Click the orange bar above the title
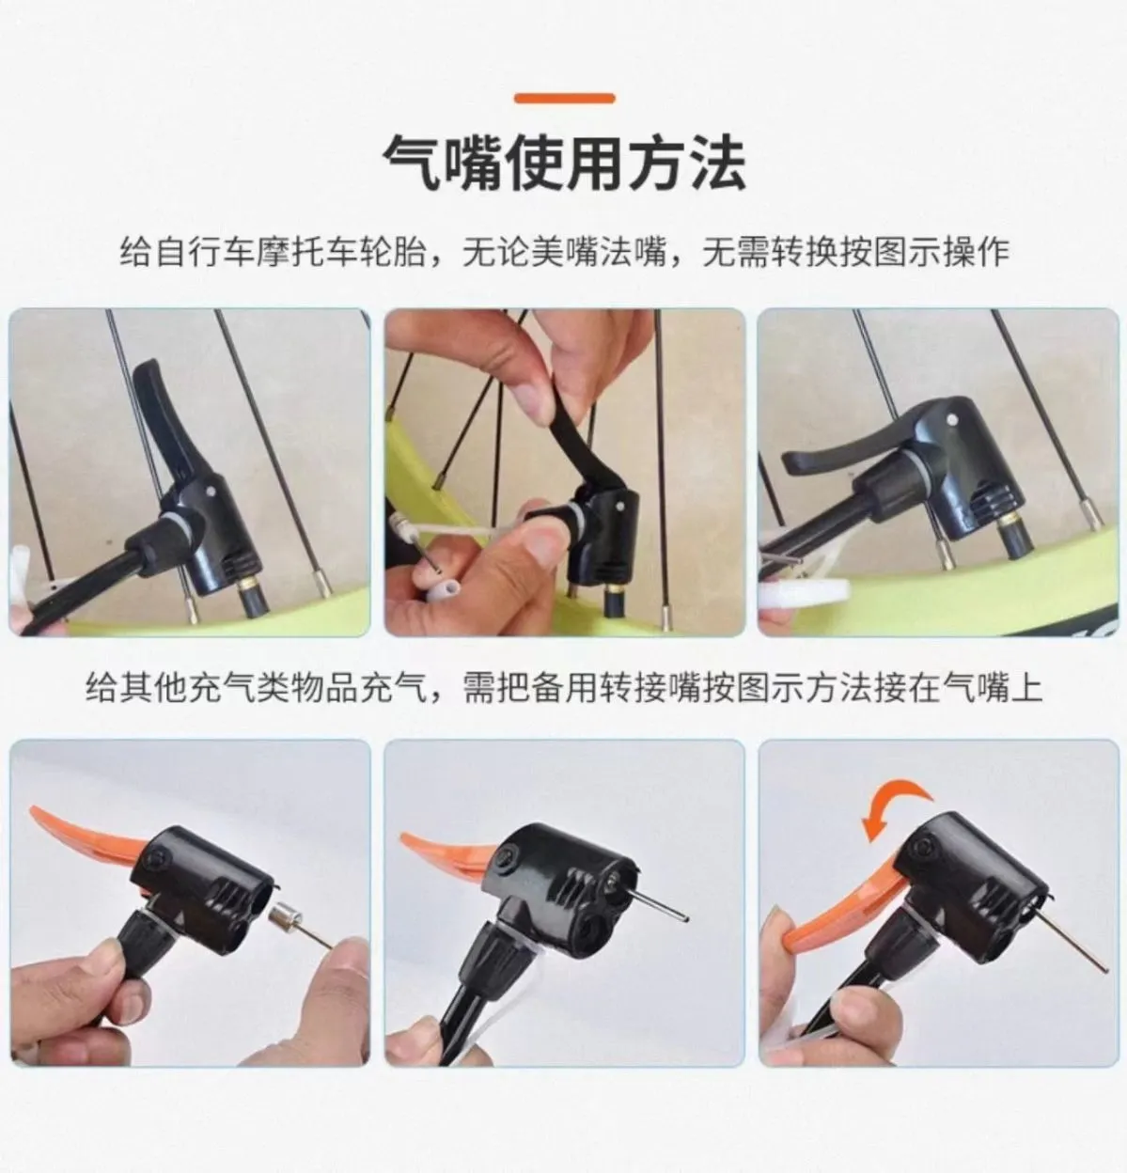(565, 99)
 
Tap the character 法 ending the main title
(716, 164)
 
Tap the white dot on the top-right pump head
(951, 417)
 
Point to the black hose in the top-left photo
(90, 579)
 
